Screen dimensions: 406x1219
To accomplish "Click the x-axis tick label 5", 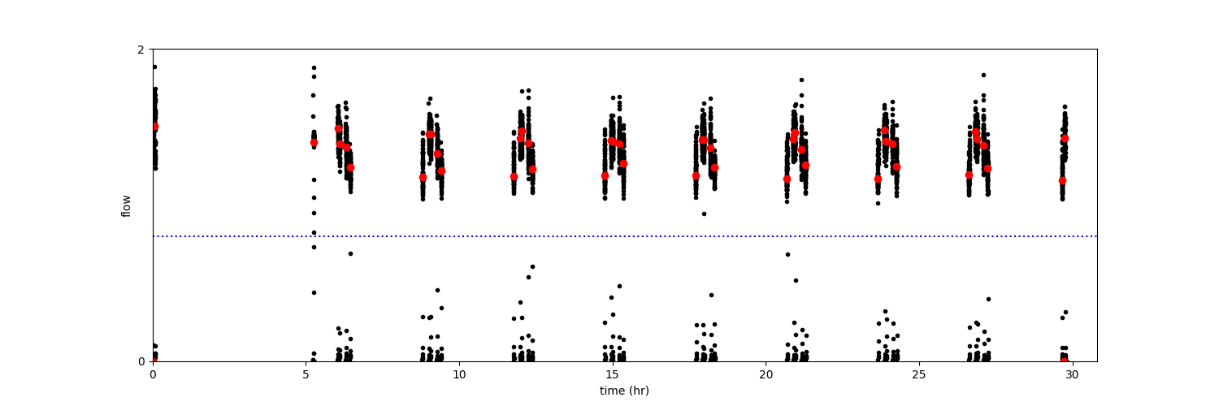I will (x=306, y=374).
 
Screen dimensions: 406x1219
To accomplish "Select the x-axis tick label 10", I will (x=459, y=374).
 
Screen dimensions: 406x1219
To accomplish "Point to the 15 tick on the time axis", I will (x=613, y=374).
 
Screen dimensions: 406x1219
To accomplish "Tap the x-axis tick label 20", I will (x=766, y=374).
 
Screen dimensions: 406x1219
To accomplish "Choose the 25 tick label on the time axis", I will (x=919, y=374).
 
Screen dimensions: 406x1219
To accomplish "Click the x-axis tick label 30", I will (x=1073, y=374).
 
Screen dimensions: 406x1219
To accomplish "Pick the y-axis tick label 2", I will (x=141, y=50).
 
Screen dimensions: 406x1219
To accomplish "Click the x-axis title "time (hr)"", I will (x=624, y=391).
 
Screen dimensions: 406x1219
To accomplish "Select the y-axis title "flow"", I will (x=126, y=205).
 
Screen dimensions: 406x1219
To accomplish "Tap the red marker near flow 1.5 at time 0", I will (x=154, y=127).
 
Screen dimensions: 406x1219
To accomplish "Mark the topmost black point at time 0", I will (x=154, y=67).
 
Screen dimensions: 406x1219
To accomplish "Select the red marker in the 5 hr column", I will (x=314, y=142).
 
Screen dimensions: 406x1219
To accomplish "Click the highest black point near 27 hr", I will (x=983, y=75).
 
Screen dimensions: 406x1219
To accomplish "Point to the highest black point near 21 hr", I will (x=801, y=80).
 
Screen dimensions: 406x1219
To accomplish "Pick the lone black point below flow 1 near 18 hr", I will (x=704, y=214).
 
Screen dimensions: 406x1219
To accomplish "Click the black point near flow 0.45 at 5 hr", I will (x=314, y=292).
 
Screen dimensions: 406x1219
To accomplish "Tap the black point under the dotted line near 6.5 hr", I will (x=350, y=253).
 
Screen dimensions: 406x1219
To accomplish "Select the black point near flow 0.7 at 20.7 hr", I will (x=787, y=254).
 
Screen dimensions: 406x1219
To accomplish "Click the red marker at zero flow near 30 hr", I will (x=1064, y=360).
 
